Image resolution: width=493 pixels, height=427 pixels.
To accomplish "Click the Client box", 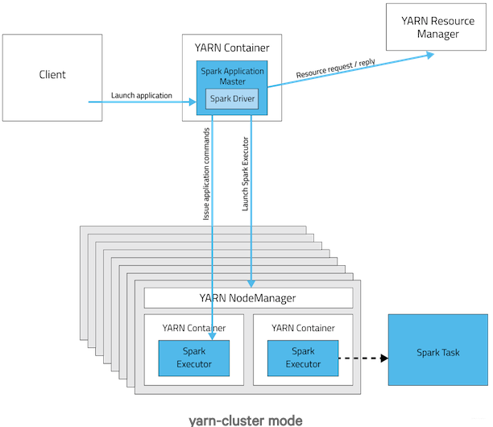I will pos(52,76).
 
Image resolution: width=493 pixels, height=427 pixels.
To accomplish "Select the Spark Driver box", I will pos(233,99).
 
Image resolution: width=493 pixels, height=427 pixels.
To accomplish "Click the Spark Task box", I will pos(439,352).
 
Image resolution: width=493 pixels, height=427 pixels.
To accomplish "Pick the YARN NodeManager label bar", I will pos(248,298).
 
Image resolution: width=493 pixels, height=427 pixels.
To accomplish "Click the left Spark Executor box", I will pos(193,358).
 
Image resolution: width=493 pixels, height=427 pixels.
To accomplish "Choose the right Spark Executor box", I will pos(303,358).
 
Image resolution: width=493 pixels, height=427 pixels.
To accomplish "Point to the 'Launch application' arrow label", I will pos(142,96).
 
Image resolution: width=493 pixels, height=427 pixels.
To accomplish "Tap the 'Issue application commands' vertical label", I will pos(206,174).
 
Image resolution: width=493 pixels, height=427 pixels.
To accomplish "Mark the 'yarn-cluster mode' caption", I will pos(246,420).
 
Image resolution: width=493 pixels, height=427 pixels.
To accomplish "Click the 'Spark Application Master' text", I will pos(232,77).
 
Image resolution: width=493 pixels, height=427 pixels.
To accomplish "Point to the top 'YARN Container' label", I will pos(232,47).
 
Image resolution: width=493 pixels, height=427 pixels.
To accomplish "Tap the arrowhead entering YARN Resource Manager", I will pos(429,54).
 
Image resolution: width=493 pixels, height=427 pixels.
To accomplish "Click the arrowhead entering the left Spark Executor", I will pos(211,334).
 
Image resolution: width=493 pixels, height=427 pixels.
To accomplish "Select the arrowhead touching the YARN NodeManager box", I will pos(252,284).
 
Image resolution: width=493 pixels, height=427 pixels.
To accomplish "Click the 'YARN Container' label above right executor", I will pos(303,328).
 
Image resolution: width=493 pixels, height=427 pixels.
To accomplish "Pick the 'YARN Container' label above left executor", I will pos(193,328).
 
